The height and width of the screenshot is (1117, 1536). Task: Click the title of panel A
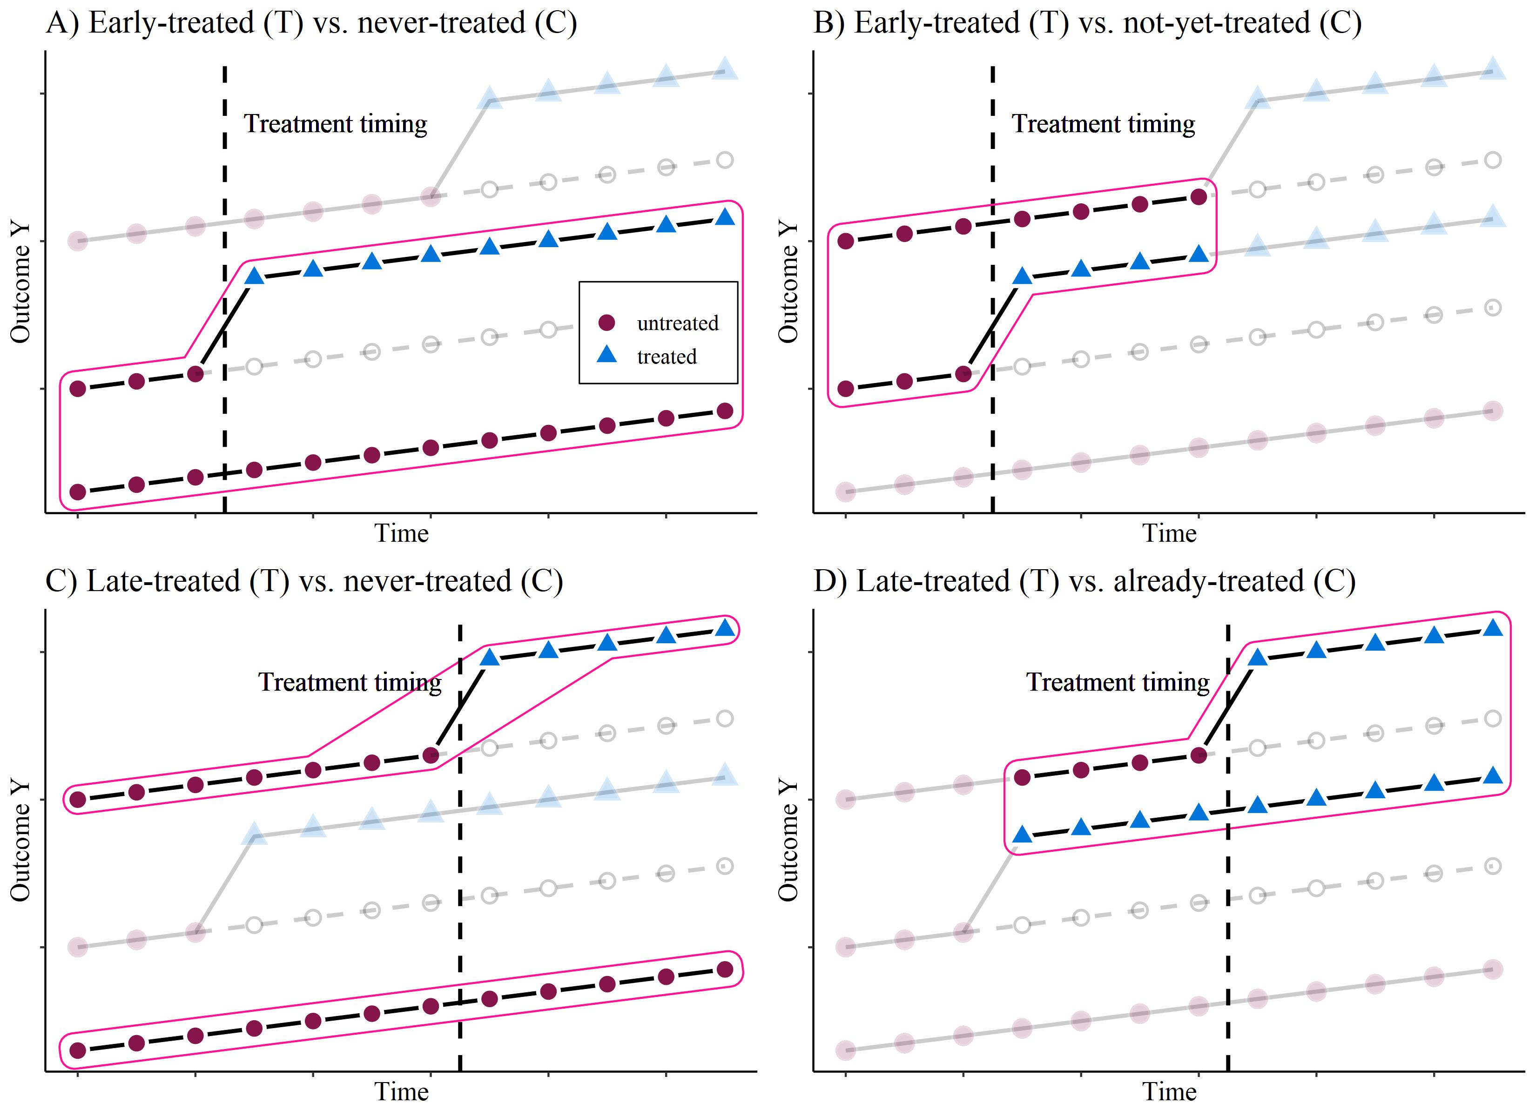311,23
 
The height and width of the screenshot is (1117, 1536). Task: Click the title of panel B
1087,23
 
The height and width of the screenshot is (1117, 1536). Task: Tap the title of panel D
1084,581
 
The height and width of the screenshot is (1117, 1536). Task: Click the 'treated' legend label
667,357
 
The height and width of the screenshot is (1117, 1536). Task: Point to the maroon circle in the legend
607,323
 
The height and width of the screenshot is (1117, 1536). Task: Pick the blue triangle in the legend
607,354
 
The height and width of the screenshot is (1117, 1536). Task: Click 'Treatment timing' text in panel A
335,124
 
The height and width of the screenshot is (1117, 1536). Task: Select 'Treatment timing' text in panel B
1103,124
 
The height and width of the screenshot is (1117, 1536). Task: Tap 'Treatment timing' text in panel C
350,682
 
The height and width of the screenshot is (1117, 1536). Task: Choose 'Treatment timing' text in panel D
1118,682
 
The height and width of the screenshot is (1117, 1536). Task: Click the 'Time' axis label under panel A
402,534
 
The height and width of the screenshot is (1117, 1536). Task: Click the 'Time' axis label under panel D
1170,1092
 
